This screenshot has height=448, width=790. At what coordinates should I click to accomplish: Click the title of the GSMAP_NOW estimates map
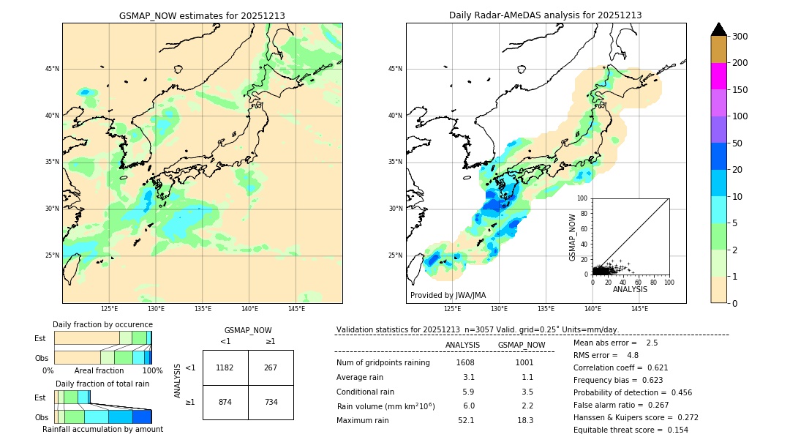pos(202,15)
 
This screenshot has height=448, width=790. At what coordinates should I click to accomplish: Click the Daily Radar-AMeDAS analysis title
pos(545,15)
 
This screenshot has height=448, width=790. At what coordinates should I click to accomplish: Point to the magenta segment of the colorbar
pos(718,76)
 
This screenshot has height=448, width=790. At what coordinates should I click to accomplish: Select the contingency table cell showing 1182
pos(225,367)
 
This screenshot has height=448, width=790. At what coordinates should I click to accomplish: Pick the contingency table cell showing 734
pos(271,402)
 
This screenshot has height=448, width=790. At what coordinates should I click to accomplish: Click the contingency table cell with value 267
pos(271,367)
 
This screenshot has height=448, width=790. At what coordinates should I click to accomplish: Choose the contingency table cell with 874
pos(225,402)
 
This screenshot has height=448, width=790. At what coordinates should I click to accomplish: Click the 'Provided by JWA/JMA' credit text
pos(448,296)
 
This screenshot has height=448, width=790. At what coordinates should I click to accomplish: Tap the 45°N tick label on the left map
pos(52,69)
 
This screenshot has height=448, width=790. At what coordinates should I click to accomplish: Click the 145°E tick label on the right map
pos(639,310)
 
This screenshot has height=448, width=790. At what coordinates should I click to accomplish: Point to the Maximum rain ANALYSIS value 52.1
pos(465,420)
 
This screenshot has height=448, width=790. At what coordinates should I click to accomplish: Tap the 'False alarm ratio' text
pos(610,405)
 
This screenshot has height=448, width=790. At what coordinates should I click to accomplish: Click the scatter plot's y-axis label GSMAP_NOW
pos(573,237)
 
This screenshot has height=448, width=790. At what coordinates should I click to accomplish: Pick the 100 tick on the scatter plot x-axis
pos(669,281)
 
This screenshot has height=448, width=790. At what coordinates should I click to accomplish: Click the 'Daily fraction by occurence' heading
pos(102,324)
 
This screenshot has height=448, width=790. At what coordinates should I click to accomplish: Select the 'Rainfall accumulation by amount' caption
pos(102,430)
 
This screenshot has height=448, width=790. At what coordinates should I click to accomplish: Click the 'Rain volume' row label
pos(385,406)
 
